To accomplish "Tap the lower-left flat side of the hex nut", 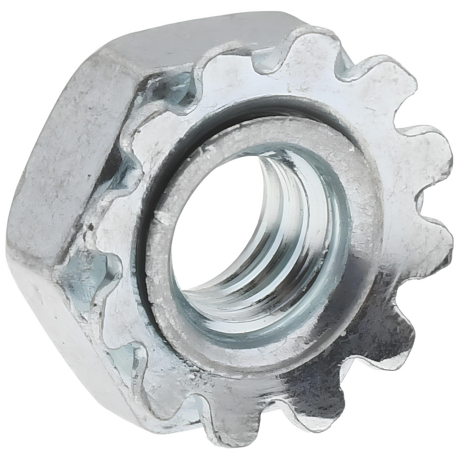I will pyautogui.click(x=60, y=330).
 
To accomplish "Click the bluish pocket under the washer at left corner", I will pyautogui.click(x=85, y=280).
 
